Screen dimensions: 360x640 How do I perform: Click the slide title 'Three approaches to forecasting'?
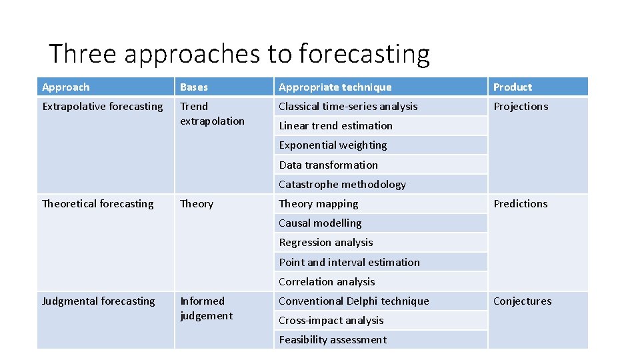239,53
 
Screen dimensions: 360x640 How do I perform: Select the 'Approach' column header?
66,87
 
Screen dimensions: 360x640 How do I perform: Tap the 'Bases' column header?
194,87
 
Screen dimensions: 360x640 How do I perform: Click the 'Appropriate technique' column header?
335,87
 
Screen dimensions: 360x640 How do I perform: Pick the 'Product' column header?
513,87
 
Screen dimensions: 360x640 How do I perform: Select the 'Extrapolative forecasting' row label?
103,107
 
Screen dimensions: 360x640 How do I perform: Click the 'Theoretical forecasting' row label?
98,204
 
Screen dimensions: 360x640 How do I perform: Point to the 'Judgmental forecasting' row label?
99,301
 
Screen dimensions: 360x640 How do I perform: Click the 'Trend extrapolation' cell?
212,114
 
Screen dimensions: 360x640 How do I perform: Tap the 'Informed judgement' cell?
207,309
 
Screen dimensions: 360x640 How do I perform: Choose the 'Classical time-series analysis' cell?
348,107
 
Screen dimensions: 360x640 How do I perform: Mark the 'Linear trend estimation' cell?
336,126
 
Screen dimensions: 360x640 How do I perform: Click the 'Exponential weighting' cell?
333,145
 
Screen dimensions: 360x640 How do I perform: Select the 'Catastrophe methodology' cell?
343,185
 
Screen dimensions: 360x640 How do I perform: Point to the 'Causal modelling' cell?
320,223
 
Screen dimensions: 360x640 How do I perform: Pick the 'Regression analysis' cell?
326,243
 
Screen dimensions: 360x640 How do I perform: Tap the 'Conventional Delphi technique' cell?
354,301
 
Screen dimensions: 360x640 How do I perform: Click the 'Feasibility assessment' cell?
333,340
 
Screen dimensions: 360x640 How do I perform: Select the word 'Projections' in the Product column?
521,107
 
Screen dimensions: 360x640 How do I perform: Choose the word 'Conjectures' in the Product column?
523,301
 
